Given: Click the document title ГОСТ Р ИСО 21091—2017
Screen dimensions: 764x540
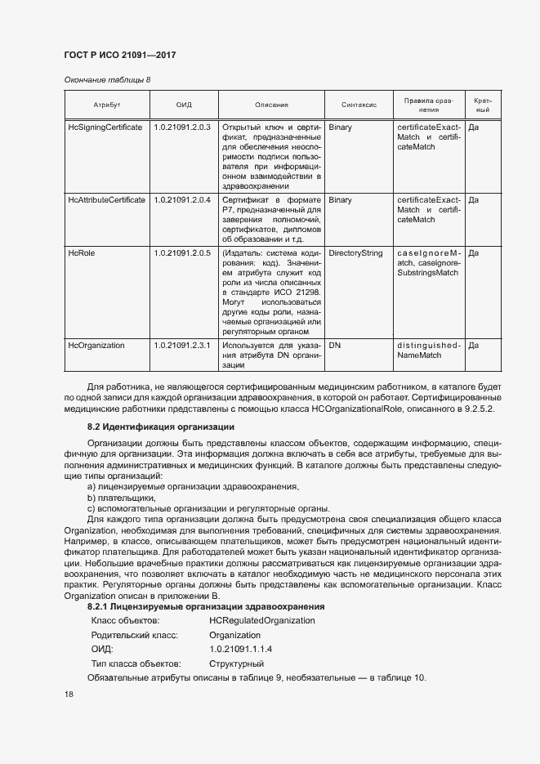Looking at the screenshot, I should point(119,56).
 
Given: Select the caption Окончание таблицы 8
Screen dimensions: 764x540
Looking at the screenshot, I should point(107,79).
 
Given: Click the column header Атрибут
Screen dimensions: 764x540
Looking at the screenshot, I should point(106,105).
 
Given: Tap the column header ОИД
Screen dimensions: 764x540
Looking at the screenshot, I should point(183,105).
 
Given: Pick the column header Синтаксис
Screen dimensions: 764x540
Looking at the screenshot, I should point(358,105).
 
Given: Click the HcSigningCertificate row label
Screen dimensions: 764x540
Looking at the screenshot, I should point(105,127).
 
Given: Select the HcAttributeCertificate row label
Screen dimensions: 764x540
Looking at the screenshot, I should point(107,199).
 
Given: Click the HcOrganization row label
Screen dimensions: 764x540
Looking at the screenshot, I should point(96,346).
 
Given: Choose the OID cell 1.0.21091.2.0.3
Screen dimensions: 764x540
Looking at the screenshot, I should point(182,127).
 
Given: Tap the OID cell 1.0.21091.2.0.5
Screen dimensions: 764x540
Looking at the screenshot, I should point(182,253).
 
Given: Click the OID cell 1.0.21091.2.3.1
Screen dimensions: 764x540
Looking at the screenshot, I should point(182,346).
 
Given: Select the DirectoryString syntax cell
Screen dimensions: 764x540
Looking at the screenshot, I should point(355,253).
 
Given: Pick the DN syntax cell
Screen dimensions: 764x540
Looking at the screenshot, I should point(334,346).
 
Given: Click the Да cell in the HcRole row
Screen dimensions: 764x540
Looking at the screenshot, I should point(474,253).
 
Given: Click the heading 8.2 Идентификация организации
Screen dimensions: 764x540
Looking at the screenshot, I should point(160,427).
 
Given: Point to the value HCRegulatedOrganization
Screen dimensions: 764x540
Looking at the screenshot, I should point(261,620).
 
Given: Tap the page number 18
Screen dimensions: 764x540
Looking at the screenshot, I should point(69,695).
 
